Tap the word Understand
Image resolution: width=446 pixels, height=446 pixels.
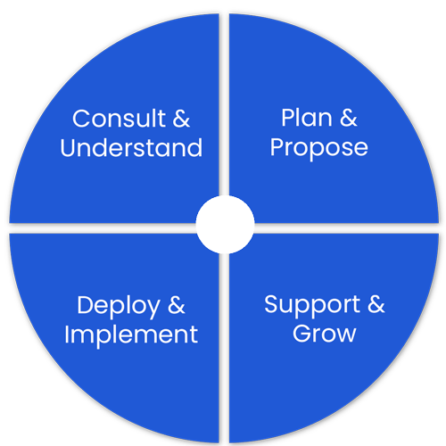(x=131, y=147)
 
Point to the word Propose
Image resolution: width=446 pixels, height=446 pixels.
(x=319, y=146)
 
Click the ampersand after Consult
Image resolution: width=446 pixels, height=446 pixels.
(x=180, y=119)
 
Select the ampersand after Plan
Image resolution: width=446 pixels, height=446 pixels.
(x=349, y=118)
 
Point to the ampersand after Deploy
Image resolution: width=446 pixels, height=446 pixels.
(x=177, y=305)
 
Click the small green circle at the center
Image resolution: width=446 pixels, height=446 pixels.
(x=225, y=224)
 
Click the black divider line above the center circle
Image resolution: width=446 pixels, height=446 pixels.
(x=225, y=107)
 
